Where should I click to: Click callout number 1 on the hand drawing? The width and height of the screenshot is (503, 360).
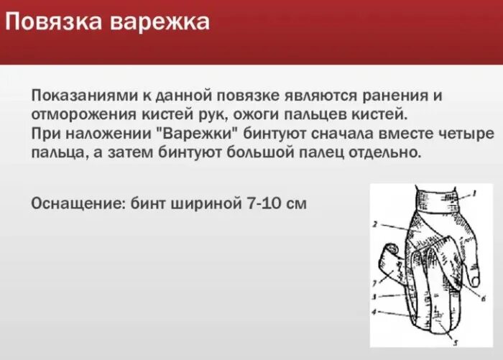click(474, 194)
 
